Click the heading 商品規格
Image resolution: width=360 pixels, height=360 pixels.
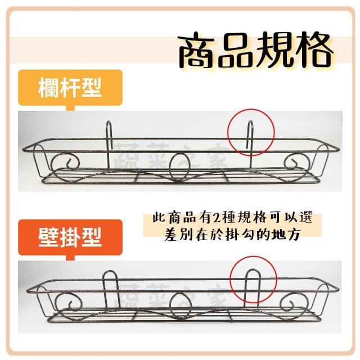(x=255, y=50)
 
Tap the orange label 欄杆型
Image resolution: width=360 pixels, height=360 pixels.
(x=70, y=88)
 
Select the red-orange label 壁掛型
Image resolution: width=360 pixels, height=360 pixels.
(x=70, y=237)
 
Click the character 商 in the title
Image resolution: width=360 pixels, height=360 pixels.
(x=197, y=50)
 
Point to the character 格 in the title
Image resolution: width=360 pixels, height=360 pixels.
(x=314, y=50)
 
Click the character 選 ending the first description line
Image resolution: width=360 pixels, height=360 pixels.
(x=305, y=217)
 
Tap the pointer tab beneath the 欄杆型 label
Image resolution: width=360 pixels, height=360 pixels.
(x=70, y=108)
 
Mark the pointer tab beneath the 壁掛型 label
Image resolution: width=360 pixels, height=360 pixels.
(x=70, y=258)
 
